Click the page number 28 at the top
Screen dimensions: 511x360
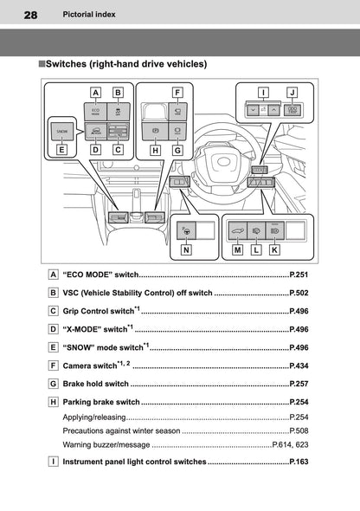point(30,16)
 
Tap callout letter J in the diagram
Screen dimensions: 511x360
point(292,91)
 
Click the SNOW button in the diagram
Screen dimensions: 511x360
point(61,131)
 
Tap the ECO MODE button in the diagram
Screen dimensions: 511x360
point(95,110)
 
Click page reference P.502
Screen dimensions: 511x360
point(299,294)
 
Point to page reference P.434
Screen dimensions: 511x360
point(299,367)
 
